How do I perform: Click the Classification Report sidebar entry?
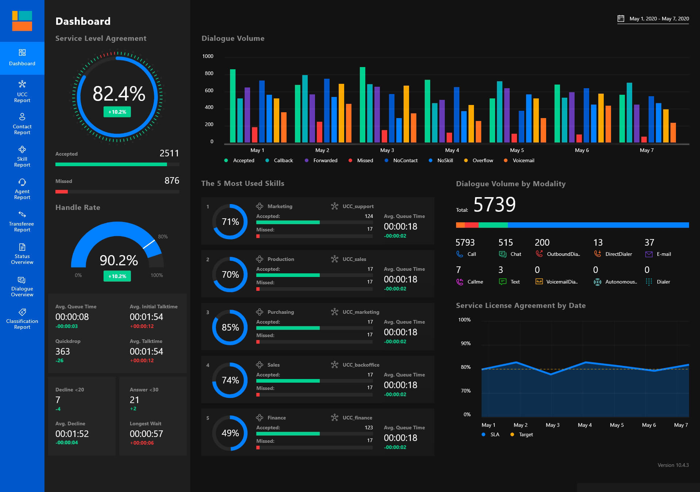point(22,319)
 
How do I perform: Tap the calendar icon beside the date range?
point(621,19)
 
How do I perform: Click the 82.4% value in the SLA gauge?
point(119,94)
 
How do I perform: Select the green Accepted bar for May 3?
point(362,105)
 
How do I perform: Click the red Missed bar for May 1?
point(254,134)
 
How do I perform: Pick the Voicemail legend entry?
point(523,160)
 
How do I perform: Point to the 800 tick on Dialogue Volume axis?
point(209,73)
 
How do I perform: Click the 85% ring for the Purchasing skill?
point(230,327)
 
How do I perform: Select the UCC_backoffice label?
point(361,365)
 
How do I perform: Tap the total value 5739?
point(494,204)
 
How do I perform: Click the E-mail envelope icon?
point(649,254)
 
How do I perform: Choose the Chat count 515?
point(505,242)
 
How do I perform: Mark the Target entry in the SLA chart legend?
point(525,434)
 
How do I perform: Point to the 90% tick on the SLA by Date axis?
point(466,343)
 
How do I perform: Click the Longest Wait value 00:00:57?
point(146,434)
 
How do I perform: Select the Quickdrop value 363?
point(63,351)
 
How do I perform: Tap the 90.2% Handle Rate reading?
point(119,260)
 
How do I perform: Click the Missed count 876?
point(172,181)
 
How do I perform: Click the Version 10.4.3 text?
point(673,465)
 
